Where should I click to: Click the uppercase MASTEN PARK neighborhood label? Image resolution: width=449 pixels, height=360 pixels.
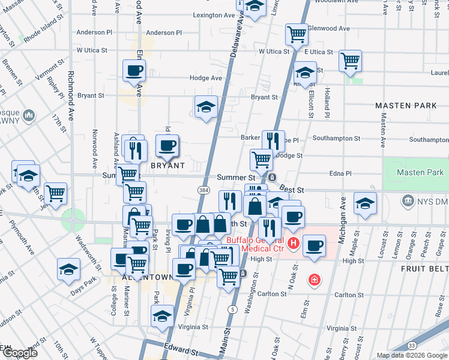pyautogui.click(x=406, y=106)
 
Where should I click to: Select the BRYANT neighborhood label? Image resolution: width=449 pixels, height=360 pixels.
pyautogui.click(x=166, y=165)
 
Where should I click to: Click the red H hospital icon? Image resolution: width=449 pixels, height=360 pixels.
pyautogui.click(x=294, y=243)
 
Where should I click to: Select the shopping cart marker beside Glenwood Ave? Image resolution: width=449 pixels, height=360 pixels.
pyautogui.click(x=297, y=35)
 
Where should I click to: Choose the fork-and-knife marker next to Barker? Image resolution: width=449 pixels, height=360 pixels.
pyautogui.click(x=273, y=141)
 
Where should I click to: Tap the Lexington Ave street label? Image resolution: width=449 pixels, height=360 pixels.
pyautogui.click(x=213, y=15)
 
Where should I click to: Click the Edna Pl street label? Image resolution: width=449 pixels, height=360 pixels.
pyautogui.click(x=340, y=173)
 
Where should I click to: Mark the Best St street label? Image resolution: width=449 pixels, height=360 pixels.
pyautogui.click(x=292, y=190)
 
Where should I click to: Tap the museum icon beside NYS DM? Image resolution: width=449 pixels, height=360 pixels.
pyautogui.click(x=408, y=199)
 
